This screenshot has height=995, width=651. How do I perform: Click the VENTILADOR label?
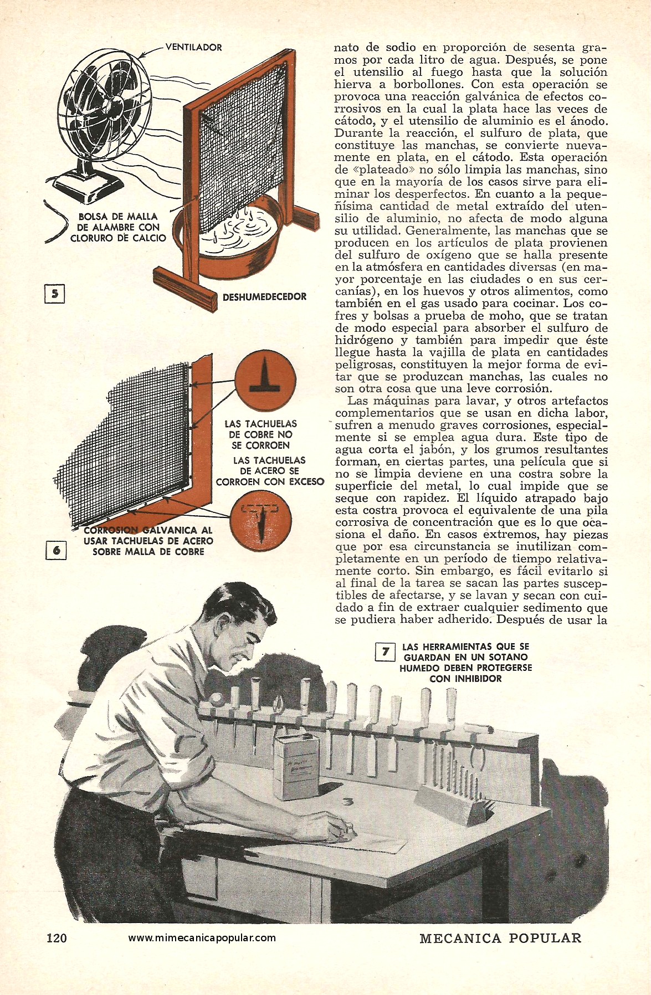193,48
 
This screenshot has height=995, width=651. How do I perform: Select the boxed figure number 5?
54,294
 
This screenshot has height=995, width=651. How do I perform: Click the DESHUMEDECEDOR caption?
264,297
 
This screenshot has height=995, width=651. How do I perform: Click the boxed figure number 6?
56,551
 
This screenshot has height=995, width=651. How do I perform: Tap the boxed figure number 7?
385,652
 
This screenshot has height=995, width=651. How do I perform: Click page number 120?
57,937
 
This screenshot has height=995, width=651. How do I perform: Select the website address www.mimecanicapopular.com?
202,937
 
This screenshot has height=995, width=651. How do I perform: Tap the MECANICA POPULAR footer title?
500,937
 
